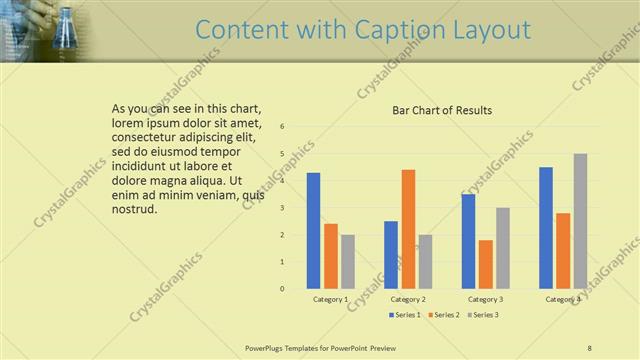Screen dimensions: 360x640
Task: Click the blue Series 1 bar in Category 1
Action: (313, 231)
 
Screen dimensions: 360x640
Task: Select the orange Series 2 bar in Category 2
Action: (408, 229)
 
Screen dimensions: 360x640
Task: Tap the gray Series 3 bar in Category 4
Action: (580, 221)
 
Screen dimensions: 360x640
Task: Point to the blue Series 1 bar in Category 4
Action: (546, 228)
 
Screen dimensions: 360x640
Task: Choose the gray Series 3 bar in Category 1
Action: (347, 262)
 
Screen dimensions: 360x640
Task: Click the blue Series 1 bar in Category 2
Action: (391, 255)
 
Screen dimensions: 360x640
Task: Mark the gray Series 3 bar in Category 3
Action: (503, 248)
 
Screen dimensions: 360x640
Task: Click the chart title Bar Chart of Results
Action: (442, 110)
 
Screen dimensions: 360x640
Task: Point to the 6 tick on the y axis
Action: (283, 127)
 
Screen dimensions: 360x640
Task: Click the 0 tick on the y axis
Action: (283, 289)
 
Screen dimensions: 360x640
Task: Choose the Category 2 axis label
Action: (408, 299)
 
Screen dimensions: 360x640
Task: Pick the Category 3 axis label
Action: (486, 299)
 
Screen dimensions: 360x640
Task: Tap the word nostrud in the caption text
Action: (134, 209)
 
